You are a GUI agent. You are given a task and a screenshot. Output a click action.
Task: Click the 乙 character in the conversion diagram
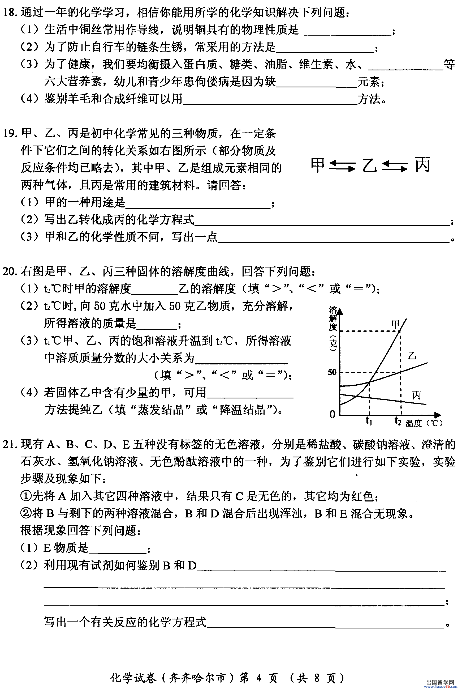point(369,165)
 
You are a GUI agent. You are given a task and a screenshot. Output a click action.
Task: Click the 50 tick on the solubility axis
point(332,372)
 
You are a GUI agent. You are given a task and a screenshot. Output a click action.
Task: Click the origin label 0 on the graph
point(332,414)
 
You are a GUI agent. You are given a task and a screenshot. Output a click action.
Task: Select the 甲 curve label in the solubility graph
point(395,324)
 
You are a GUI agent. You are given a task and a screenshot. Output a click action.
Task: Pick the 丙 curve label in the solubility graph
point(417,395)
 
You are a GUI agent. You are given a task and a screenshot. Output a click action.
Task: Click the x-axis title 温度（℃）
point(424,423)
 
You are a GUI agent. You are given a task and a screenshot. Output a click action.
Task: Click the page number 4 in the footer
point(259,678)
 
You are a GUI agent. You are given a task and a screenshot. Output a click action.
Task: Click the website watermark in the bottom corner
point(441,684)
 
